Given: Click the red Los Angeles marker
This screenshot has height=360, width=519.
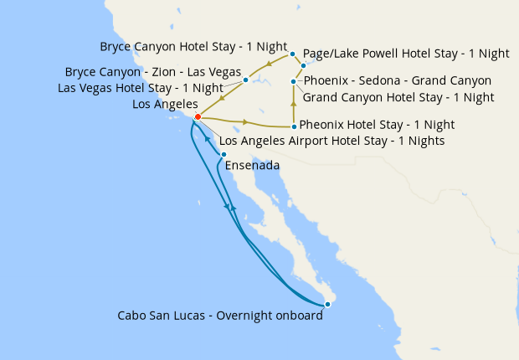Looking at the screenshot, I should [198, 117].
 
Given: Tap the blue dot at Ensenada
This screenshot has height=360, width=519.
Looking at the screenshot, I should [224, 154].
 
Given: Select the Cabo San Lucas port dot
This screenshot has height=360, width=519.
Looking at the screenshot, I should [328, 304].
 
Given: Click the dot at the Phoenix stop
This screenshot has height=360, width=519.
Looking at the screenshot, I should [293, 127].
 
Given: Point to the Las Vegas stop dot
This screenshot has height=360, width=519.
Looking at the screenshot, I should [245, 80].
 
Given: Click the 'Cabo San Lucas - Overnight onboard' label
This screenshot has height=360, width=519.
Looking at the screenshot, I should [220, 316].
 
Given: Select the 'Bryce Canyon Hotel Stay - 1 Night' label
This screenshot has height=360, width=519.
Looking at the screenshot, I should [193, 46].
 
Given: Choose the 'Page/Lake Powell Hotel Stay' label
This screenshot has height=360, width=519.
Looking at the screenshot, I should [406, 53].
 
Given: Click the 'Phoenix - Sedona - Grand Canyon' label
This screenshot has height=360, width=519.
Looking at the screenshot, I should [398, 81].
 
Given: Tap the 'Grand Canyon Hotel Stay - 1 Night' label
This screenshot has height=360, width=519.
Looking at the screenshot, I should [398, 97].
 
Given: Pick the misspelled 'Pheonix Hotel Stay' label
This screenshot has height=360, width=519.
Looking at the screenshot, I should [377, 125].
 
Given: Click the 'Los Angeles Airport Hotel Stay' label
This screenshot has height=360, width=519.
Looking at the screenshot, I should [331, 141].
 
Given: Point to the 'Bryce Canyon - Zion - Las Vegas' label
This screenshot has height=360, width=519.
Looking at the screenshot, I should [153, 72].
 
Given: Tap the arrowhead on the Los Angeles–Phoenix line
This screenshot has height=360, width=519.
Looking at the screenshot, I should [245, 122].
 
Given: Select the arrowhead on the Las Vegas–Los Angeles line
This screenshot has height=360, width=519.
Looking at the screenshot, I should [222, 98].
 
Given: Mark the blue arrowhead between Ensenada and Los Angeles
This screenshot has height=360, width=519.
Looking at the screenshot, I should [206, 137].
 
